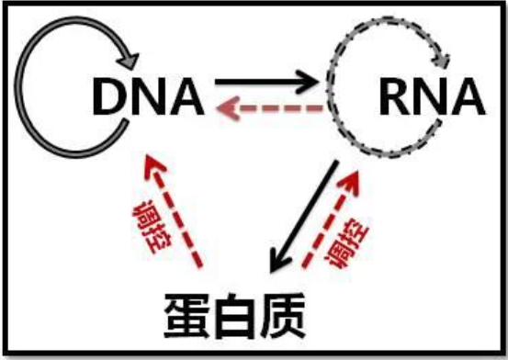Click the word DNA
148,94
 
